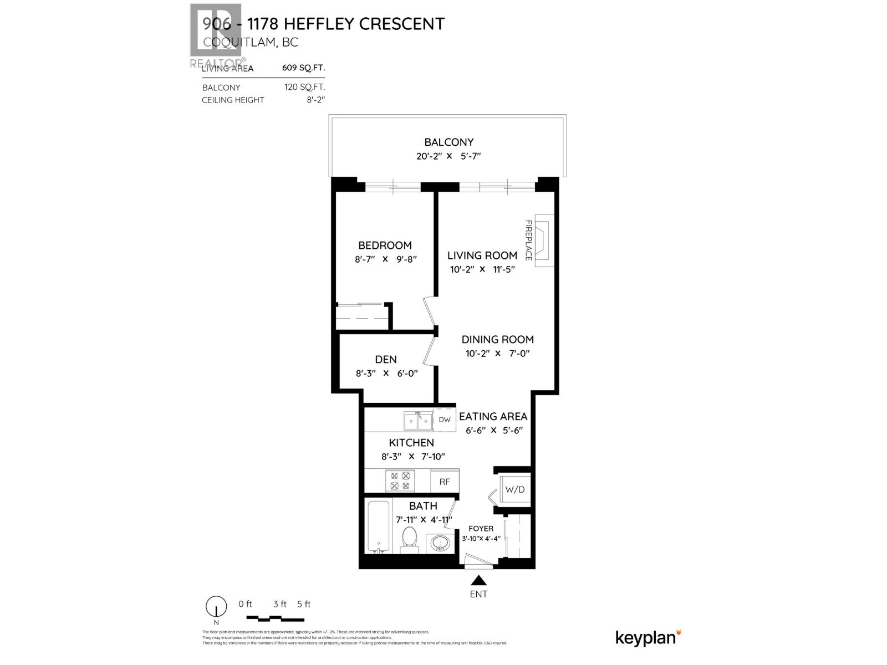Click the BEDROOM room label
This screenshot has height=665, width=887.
tap(385, 245)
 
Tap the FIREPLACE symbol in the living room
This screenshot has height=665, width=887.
tap(543, 241)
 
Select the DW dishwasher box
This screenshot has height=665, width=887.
tap(445, 420)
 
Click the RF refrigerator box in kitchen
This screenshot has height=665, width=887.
tap(445, 482)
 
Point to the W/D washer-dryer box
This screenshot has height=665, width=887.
tap(514, 490)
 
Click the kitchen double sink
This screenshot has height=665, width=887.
tap(418, 422)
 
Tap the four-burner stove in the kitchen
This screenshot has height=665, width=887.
tap(400, 480)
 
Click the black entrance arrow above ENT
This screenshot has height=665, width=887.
tap(478, 580)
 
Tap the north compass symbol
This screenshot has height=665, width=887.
tap(216, 608)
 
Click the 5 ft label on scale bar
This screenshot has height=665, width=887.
tap(304, 604)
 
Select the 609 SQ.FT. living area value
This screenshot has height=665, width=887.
tap(303, 68)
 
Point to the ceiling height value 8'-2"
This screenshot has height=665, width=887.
tap(315, 100)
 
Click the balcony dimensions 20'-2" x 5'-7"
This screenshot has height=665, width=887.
tap(448, 156)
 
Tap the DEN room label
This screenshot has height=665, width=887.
tap(386, 360)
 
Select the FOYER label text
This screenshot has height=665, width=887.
tap(481, 529)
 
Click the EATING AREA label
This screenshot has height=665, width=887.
tap(493, 417)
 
